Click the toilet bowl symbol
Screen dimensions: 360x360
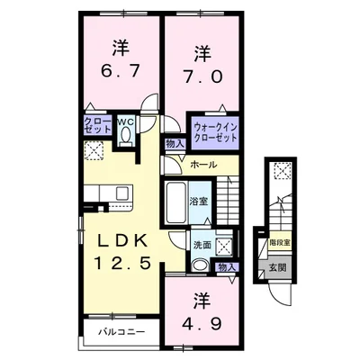tap(125, 134)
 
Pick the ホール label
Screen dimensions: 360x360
tap(203, 165)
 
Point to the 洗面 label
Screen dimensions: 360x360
tap(202, 243)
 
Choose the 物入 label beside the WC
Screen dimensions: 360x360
tap(175, 142)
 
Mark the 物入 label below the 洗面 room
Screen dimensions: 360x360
tap(226, 267)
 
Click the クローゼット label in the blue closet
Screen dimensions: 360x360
tap(97, 125)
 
